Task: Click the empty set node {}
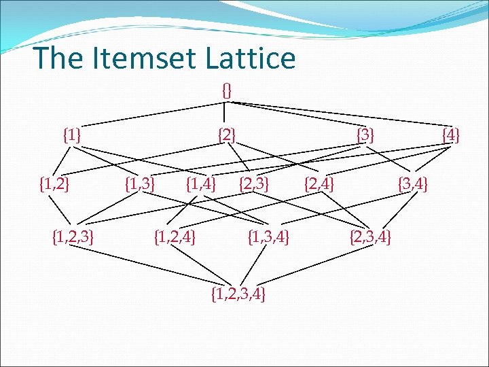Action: (227, 89)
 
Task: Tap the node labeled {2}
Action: (227, 135)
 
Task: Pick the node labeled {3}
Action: (365, 135)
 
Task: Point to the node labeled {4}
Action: (450, 135)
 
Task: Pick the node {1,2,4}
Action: (176, 237)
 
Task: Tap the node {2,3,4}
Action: (370, 237)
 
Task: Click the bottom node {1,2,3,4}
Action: (238, 294)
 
